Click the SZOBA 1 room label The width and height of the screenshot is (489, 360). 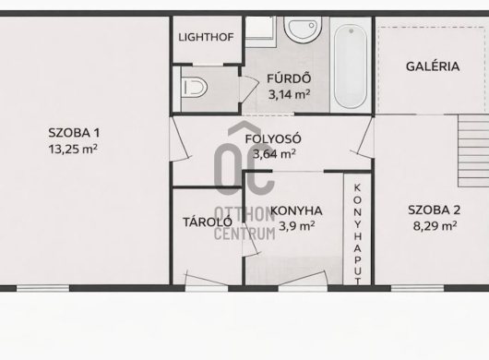click(x=74, y=133)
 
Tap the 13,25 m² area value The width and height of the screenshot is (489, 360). click(x=73, y=149)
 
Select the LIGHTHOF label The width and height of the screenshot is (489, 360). click(x=206, y=38)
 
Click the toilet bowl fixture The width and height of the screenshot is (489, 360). click(x=195, y=88)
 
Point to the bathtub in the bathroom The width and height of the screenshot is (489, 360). click(x=351, y=66)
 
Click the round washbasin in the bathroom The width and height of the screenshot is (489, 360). click(x=303, y=29)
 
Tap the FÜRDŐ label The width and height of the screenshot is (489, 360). click(x=289, y=78)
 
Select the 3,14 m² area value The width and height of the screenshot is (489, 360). click(x=289, y=94)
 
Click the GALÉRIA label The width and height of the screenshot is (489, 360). click(x=433, y=66)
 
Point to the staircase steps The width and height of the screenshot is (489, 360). click(x=473, y=151)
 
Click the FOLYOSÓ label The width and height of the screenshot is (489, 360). click(x=273, y=138)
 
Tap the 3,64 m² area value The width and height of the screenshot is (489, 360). click(x=274, y=153)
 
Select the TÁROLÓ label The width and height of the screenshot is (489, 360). click(x=208, y=222)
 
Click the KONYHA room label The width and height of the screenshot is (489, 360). click(x=296, y=210)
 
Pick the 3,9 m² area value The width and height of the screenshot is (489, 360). click(x=296, y=226)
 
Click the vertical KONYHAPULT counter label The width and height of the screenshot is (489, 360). click(x=358, y=234)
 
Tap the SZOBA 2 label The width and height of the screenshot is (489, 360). click(x=435, y=210)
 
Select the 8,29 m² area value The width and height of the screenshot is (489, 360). click(x=435, y=225)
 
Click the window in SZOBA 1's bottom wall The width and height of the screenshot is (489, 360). click(x=42, y=289)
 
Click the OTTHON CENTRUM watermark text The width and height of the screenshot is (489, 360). click(x=244, y=223)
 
